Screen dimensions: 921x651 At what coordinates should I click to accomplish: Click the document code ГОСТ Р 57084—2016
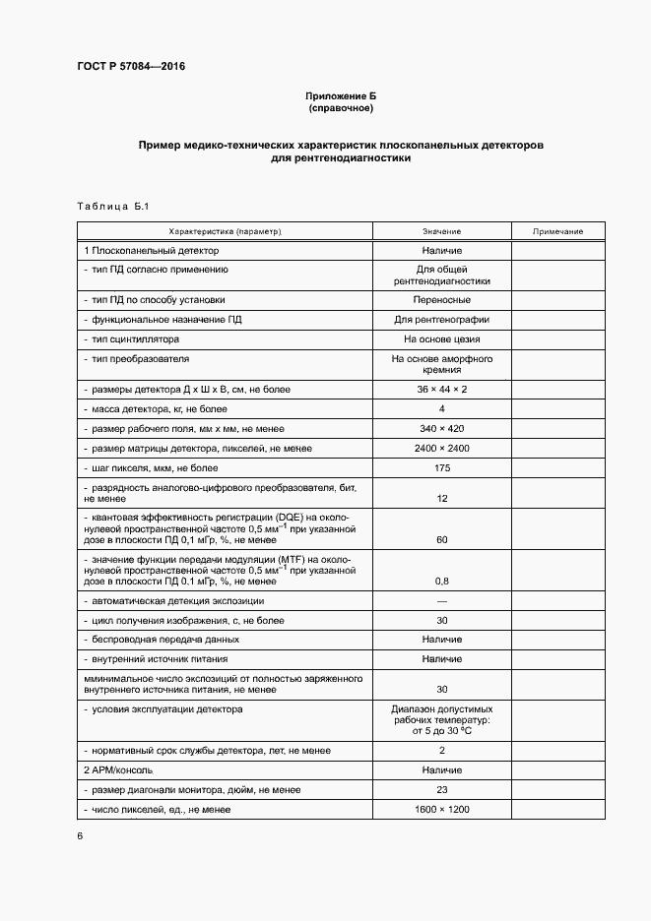tap(131, 67)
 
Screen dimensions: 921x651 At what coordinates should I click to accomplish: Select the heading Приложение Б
tap(340, 95)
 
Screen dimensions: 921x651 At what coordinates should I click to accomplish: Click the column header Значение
tap(441, 230)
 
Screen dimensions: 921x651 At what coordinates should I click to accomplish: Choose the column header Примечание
tap(557, 230)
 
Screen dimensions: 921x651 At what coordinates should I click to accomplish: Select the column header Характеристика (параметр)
tap(226, 230)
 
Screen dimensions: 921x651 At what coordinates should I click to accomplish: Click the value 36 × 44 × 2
tap(441, 391)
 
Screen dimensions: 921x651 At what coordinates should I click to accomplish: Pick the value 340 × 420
tap(441, 429)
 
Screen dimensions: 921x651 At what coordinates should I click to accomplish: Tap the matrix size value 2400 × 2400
tap(441, 449)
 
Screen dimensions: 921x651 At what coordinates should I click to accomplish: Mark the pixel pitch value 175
tap(441, 468)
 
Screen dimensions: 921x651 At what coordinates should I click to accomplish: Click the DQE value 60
tap(441, 540)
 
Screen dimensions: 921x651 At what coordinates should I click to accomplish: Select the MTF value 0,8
tap(441, 581)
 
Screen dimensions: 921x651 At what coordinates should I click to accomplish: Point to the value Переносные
tap(441, 300)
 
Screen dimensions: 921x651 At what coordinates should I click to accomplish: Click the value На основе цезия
tap(441, 338)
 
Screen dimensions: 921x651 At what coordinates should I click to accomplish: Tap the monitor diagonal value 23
tap(441, 790)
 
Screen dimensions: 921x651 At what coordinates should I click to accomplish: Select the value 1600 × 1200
tap(441, 809)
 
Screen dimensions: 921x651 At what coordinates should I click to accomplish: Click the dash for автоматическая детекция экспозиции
tap(441, 601)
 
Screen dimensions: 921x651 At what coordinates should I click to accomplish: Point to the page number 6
tap(81, 835)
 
